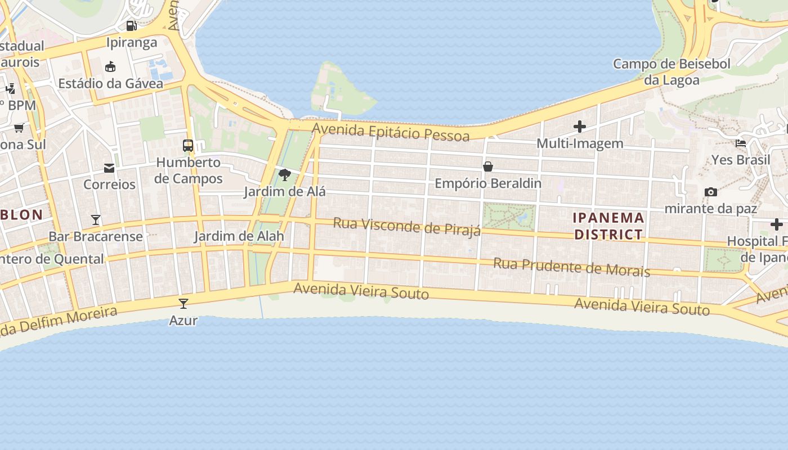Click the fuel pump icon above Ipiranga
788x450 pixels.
click(x=131, y=25)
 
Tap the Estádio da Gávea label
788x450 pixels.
click(x=111, y=84)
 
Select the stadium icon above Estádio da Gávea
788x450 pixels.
click(x=110, y=67)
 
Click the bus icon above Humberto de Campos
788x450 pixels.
click(x=188, y=146)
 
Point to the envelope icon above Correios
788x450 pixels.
click(x=109, y=168)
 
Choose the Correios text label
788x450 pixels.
click(x=110, y=184)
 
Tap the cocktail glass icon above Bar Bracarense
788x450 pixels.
click(x=96, y=220)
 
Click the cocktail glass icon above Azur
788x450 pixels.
click(x=183, y=304)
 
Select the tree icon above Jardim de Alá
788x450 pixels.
click(x=285, y=175)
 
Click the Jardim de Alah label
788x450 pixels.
click(x=239, y=236)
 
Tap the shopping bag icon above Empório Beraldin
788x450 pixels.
click(x=488, y=166)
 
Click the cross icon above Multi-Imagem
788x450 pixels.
click(x=580, y=127)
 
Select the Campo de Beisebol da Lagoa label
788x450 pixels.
click(x=671, y=72)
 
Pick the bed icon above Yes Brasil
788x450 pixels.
click(x=741, y=143)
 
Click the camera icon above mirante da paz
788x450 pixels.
click(x=711, y=192)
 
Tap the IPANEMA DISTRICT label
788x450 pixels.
click(x=608, y=226)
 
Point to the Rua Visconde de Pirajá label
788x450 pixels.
click(x=407, y=226)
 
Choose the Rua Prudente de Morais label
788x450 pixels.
click(x=571, y=267)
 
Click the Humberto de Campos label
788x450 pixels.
click(x=189, y=171)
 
